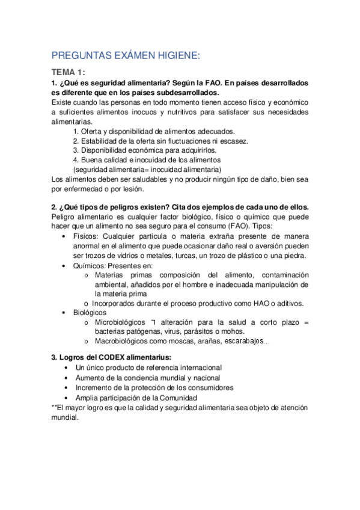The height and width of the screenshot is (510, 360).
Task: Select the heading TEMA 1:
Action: tap(68, 72)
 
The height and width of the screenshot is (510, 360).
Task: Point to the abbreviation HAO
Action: tap(256, 303)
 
